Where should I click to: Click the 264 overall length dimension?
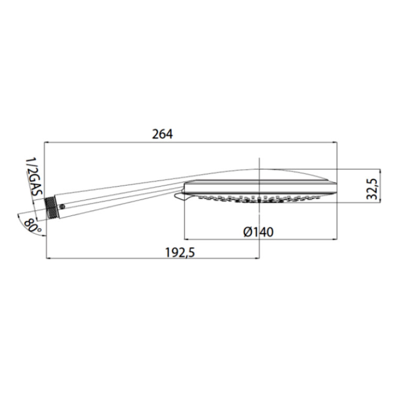pos(162,134)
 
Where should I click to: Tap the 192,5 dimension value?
pos(180,252)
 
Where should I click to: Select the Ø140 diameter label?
pos(258,232)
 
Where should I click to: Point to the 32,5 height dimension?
pos(373,189)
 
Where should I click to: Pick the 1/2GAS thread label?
pos(34,177)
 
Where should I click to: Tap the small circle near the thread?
pos(62,206)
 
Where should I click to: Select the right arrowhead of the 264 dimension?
pos(334,142)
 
